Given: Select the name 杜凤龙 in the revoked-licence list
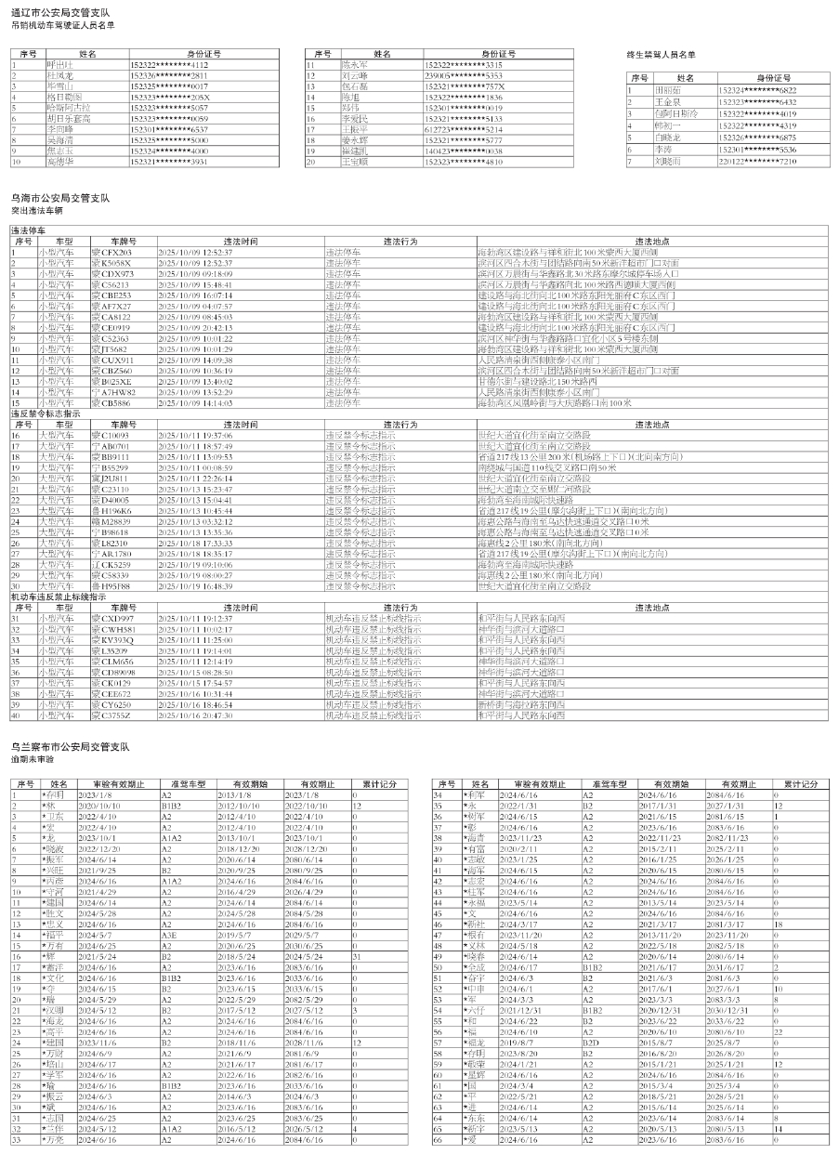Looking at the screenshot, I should tap(60, 74).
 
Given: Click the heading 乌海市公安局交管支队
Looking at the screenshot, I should tap(59, 198).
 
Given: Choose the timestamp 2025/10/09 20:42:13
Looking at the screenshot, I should tap(195, 327).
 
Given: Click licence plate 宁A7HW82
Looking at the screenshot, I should tap(112, 392).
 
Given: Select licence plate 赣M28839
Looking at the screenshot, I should tap(111, 521).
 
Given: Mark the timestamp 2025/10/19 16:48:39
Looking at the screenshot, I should tap(195, 586).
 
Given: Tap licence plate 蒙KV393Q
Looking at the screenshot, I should tap(112, 640).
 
